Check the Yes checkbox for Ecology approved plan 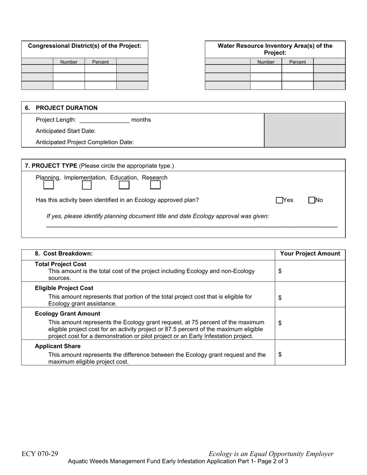[x=279, y=200]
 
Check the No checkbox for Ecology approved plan [x=312, y=200]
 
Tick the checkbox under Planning [x=49, y=185]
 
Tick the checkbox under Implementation [x=87, y=185]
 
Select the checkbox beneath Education [x=124, y=185]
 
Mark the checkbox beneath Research [x=155, y=185]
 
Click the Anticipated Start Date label [x=66, y=131]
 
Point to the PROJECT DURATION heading [x=66, y=108]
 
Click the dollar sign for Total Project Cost [x=280, y=271]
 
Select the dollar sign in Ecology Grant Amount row [x=280, y=323]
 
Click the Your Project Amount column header [x=310, y=254]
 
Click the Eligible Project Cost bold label [x=64, y=288]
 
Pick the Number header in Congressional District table [x=69, y=62]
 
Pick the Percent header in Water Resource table [x=297, y=62]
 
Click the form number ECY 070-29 [x=40, y=454]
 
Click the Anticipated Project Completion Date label [x=85, y=142]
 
